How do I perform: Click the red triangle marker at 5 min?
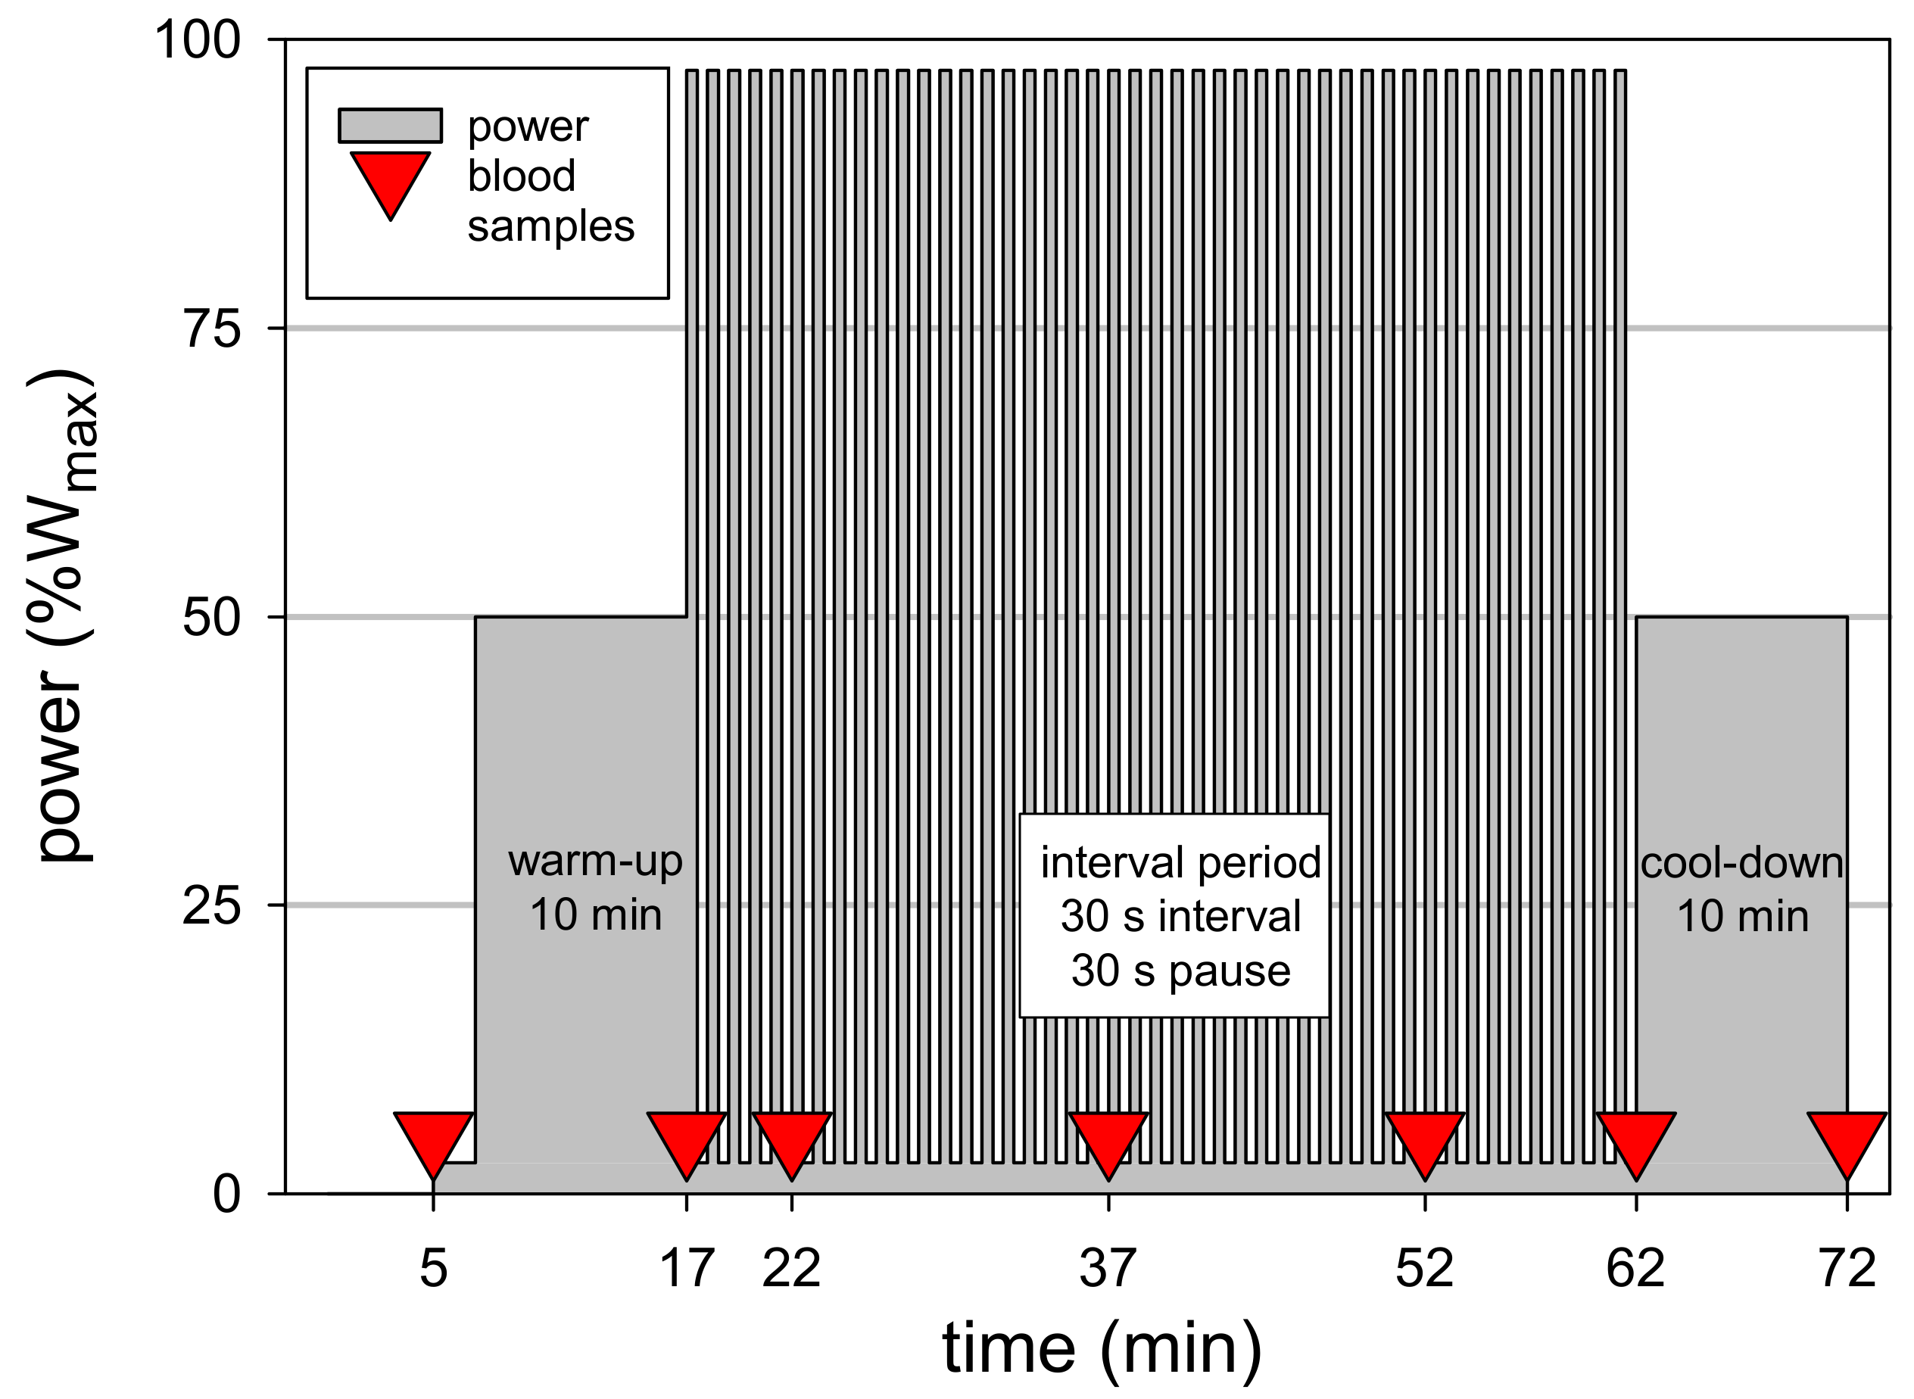pyautogui.click(x=434, y=1139)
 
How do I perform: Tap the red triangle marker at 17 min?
pyautogui.click(x=687, y=1139)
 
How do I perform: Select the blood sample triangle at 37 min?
pyautogui.click(x=1108, y=1139)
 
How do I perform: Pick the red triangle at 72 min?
pyautogui.click(x=1847, y=1139)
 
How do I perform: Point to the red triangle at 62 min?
pyautogui.click(x=1636, y=1139)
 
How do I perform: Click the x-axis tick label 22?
pyautogui.click(x=792, y=1269)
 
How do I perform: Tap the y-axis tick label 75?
pyautogui.click(x=212, y=329)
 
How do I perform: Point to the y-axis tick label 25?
pyautogui.click(x=212, y=906)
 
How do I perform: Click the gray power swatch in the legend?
pyautogui.click(x=391, y=126)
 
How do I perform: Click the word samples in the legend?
pyautogui.click(x=550, y=226)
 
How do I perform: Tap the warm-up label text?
pyautogui.click(x=595, y=862)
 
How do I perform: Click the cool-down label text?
pyautogui.click(x=1742, y=863)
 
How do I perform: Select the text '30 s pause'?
pyautogui.click(x=1180, y=971)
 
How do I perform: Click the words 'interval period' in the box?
pyautogui.click(x=1180, y=863)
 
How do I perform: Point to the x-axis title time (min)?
pyautogui.click(x=1102, y=1348)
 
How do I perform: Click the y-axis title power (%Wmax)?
pyautogui.click(x=64, y=616)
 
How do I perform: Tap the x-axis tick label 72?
pyautogui.click(x=1848, y=1269)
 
